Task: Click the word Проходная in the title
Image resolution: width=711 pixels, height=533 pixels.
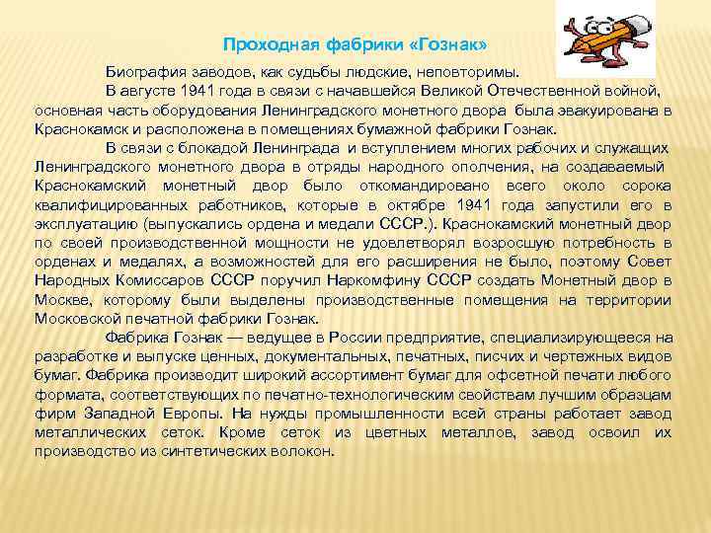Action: click(x=260, y=45)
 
